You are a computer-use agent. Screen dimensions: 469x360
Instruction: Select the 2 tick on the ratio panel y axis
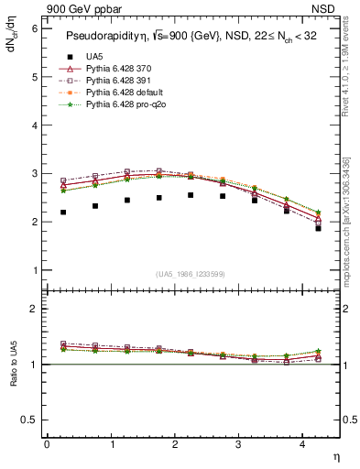click(34, 310)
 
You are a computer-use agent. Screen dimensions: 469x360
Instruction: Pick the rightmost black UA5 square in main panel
click(318, 228)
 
